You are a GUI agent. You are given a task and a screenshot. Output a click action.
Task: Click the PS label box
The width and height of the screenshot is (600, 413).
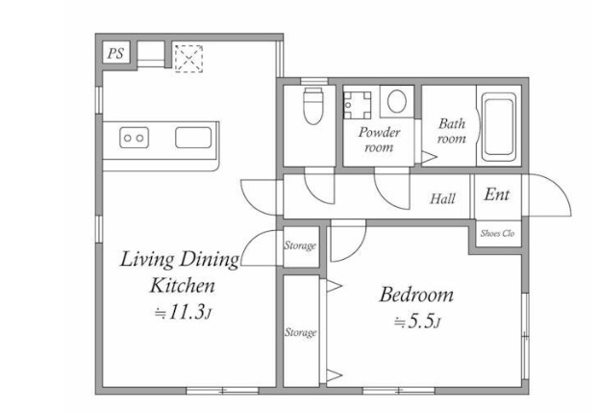pyautogui.click(x=116, y=53)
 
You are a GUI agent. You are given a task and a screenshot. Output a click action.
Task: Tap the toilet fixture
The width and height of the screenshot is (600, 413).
pyautogui.click(x=313, y=105)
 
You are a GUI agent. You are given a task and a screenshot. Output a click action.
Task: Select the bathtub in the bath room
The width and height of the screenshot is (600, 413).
pyautogui.click(x=498, y=127)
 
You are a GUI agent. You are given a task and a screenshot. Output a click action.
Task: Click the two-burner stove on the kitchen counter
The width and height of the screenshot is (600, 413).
pyautogui.click(x=134, y=138)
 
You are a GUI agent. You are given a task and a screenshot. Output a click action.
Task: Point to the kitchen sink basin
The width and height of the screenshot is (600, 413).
pyautogui.click(x=193, y=138)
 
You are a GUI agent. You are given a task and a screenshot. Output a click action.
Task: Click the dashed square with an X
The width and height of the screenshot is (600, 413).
pyautogui.click(x=188, y=58)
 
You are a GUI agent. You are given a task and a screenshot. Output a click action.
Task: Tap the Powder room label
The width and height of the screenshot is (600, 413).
pyautogui.click(x=379, y=140)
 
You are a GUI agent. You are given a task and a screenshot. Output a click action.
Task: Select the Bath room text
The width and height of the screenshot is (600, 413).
pyautogui.click(x=452, y=131)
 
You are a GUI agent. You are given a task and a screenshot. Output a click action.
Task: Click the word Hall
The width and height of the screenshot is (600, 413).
pyautogui.click(x=442, y=198)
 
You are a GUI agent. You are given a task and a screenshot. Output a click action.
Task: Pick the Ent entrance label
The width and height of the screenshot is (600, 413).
pyautogui.click(x=496, y=194)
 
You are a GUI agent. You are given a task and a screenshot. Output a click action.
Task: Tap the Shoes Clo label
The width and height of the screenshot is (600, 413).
pyautogui.click(x=497, y=233)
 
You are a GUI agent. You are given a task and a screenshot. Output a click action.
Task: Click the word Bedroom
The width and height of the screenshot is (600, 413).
pyautogui.click(x=416, y=295)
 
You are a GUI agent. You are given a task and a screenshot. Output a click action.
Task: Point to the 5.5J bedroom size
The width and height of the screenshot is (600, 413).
pyautogui.click(x=417, y=322)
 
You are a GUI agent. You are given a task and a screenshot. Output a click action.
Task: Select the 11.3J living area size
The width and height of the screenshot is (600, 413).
pyautogui.click(x=183, y=312)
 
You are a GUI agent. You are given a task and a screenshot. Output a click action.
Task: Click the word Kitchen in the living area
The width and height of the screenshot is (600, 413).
pyautogui.click(x=182, y=285)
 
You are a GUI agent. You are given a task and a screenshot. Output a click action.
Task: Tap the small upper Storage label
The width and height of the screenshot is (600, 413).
pyautogui.click(x=300, y=245)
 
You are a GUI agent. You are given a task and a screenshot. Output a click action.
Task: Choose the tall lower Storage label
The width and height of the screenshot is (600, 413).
pyautogui.click(x=300, y=332)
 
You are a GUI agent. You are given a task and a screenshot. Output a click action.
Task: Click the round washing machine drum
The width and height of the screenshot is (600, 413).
pyautogui.click(x=396, y=101)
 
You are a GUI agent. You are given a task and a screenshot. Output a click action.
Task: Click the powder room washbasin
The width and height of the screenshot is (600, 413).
pyautogui.click(x=358, y=105)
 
